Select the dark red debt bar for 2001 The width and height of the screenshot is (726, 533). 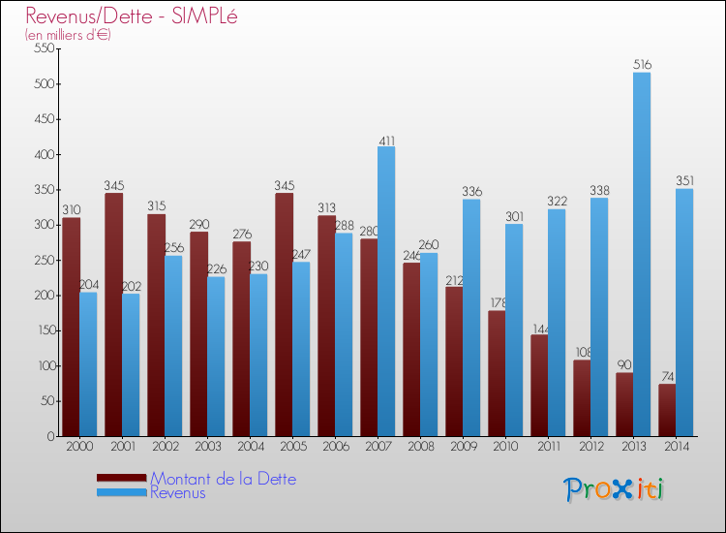click(113, 314)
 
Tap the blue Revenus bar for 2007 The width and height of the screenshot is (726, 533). click(386, 291)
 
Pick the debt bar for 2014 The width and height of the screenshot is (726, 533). click(667, 410)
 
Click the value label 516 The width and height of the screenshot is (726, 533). click(642, 65)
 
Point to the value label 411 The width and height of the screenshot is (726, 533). click(386, 140)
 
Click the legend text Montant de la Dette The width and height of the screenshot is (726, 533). click(223, 479)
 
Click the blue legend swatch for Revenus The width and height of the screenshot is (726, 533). click(121, 493)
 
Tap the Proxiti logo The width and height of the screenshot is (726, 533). click(614, 488)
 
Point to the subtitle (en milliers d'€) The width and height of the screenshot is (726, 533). click(69, 35)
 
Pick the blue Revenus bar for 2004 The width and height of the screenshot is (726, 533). click(258, 355)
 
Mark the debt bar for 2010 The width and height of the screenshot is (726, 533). click(497, 373)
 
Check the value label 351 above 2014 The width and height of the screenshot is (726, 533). click(684, 181)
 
